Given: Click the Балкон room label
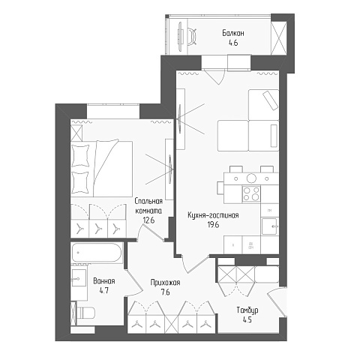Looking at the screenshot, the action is point(233,33).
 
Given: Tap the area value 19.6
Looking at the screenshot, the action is point(213,225).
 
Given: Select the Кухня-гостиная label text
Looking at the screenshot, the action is point(213,215).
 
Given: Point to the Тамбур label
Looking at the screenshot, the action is point(247,310).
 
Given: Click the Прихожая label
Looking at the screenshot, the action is point(165,283).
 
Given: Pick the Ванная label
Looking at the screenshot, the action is point(104,281).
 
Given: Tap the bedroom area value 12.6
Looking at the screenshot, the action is point(148,220).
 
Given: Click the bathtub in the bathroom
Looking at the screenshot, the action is point(97,253).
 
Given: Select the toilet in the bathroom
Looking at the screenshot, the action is point(85,313).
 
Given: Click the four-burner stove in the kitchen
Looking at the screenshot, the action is point(251,194).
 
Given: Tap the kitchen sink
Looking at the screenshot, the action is point(269,226).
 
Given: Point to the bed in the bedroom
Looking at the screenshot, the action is point(101,169).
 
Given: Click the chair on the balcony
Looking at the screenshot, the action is point(192,37).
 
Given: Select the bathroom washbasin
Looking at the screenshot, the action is point(79,278).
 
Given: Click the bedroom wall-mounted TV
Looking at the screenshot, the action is point(170,168).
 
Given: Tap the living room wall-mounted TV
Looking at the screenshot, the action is point(180,118).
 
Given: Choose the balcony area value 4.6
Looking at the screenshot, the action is point(233,43).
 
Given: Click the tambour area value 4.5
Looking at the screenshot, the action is point(247,319).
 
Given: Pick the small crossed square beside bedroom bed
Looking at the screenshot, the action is point(76,133).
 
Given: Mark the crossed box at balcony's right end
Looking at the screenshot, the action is point(279,37).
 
